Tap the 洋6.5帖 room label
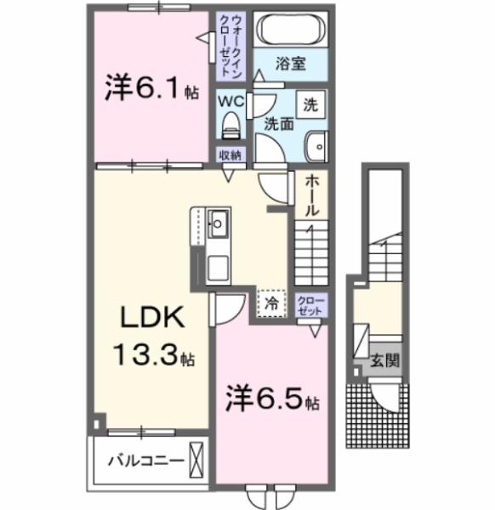click(271, 399)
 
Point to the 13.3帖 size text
click(154, 357)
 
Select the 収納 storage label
click(230, 156)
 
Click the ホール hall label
click(311, 194)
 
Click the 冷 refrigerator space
click(271, 302)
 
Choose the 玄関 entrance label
click(378, 360)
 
